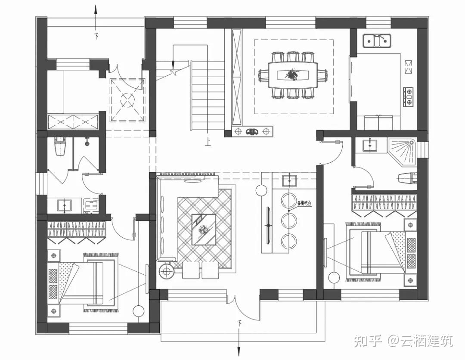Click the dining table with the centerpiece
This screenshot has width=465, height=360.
tap(293, 75)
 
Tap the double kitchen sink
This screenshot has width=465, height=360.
tap(376, 41)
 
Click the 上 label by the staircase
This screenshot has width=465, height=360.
tap(208, 142)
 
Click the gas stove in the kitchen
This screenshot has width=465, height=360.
tap(407, 97)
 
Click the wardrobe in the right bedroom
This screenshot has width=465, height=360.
tap(384, 205)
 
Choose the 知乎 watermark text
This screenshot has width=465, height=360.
tap(368, 341)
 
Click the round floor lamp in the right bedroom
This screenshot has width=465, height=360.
tap(334, 278)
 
